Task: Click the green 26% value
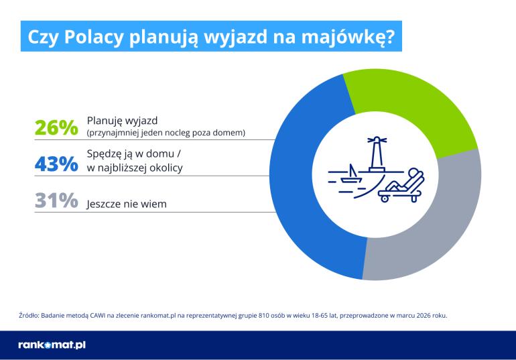[56, 127]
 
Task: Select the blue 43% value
[56, 163]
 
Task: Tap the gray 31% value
[56, 200]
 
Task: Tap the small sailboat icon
[350, 176]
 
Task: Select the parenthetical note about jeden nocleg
[166, 133]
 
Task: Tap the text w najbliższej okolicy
[135, 168]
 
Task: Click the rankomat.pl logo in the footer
[52, 345]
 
